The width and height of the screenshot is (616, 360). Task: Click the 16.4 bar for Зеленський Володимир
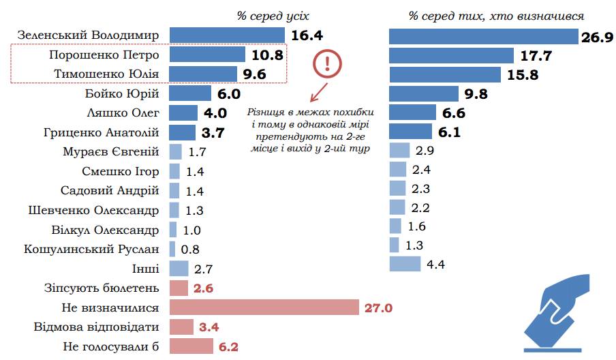click(226, 35)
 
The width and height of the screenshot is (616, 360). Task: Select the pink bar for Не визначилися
click(264, 307)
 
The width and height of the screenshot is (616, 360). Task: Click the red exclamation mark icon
click(328, 65)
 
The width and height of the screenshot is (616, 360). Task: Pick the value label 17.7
click(536, 56)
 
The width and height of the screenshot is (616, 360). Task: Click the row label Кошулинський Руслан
click(91, 249)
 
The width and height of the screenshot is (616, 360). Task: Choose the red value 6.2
click(228, 347)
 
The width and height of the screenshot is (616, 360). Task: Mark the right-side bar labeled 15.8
click(444, 74)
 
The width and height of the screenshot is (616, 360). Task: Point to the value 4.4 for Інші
click(435, 265)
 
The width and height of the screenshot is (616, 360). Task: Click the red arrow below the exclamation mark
click(315, 92)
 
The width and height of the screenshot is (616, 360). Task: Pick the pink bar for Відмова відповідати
click(181, 327)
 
